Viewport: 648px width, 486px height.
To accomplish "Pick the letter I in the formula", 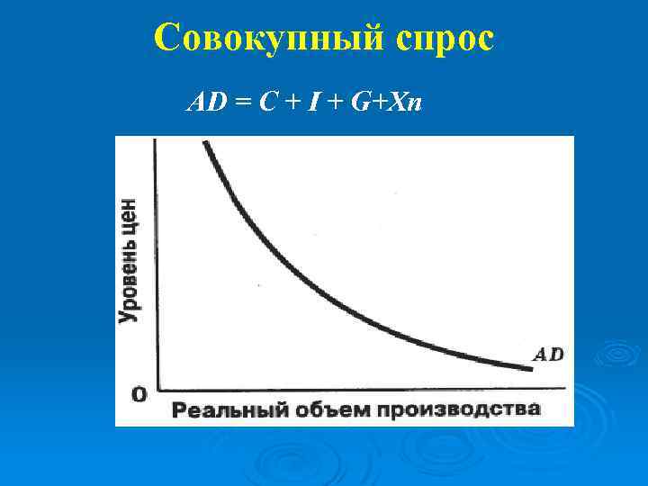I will [315, 103].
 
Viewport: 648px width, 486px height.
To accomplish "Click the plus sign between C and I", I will [291, 104].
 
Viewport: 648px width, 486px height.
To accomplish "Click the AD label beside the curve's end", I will [549, 354].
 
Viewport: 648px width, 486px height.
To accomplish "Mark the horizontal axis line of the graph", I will [360, 389].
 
